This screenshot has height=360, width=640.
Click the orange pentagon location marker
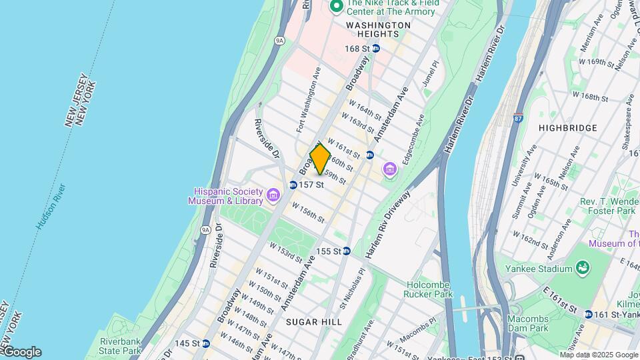pyautogui.click(x=320, y=159)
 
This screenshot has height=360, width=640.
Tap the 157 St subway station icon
pyautogui.click(x=293, y=185)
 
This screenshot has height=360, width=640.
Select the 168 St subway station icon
pyautogui.click(x=376, y=48)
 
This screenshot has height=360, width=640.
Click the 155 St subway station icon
pyautogui.click(x=347, y=251)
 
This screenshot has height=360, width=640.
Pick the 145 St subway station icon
pyautogui.click(x=206, y=343)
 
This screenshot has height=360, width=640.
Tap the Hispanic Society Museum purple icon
pyautogui.click(x=272, y=195)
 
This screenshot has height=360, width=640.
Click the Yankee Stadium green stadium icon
pyautogui.click(x=583, y=268)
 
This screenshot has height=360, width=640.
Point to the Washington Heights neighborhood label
pyautogui.click(x=378, y=25)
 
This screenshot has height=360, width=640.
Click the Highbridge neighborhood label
pyautogui.click(x=567, y=127)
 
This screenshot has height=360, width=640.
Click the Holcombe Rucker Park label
pyautogui.click(x=429, y=289)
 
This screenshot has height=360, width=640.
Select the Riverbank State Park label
pyautogui.click(x=120, y=345)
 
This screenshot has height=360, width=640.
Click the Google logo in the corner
pyautogui.click(x=21, y=352)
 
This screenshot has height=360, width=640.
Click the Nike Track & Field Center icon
pyautogui.click(x=337, y=7)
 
